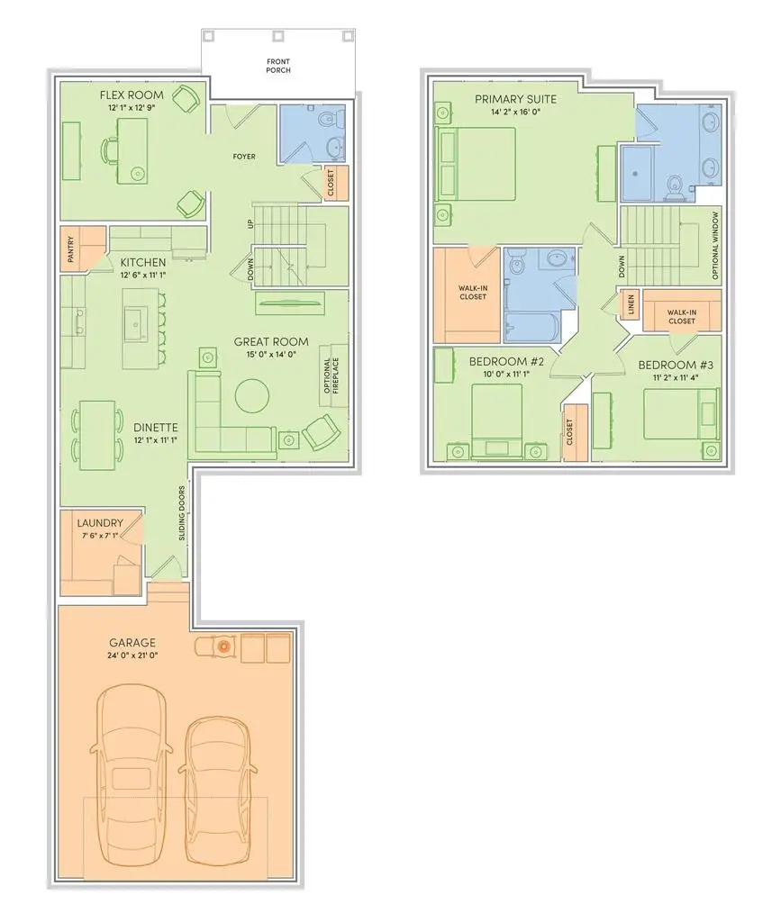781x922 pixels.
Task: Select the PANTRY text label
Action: click(x=70, y=250)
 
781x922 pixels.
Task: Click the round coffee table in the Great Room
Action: click(x=251, y=393)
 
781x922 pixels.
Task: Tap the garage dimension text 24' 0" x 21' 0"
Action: click(x=133, y=656)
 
